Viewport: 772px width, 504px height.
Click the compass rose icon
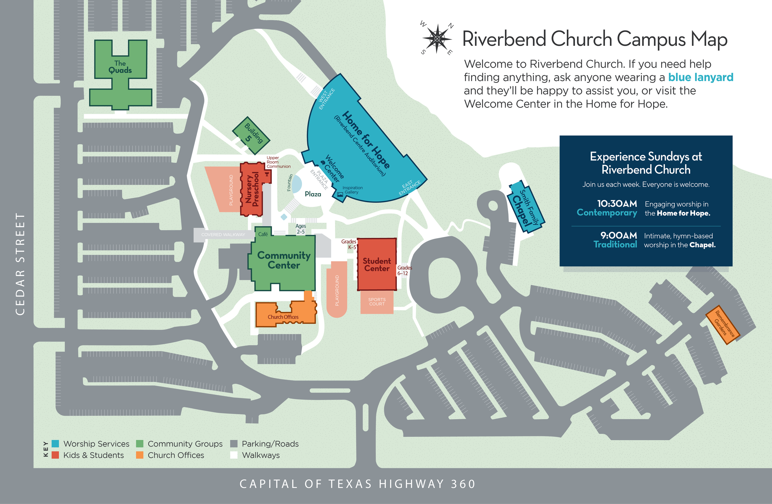[437, 39]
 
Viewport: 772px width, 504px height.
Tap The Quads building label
[120, 67]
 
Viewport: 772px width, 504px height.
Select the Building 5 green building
[251, 135]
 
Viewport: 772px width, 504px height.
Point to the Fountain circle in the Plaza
[296, 184]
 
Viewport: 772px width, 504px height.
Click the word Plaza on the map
[313, 194]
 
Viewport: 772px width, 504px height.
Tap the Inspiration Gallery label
[352, 190]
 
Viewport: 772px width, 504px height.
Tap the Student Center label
[377, 265]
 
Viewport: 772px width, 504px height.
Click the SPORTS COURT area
[377, 302]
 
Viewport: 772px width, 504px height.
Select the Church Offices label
[283, 317]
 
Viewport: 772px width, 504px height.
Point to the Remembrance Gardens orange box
[723, 325]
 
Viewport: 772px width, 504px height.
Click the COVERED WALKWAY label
[223, 235]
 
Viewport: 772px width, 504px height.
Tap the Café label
[263, 234]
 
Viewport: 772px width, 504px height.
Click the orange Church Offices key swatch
[140, 455]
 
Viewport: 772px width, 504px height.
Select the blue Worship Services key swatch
[56, 444]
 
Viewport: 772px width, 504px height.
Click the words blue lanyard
[701, 77]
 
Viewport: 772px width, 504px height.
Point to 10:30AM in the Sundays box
[617, 204]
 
